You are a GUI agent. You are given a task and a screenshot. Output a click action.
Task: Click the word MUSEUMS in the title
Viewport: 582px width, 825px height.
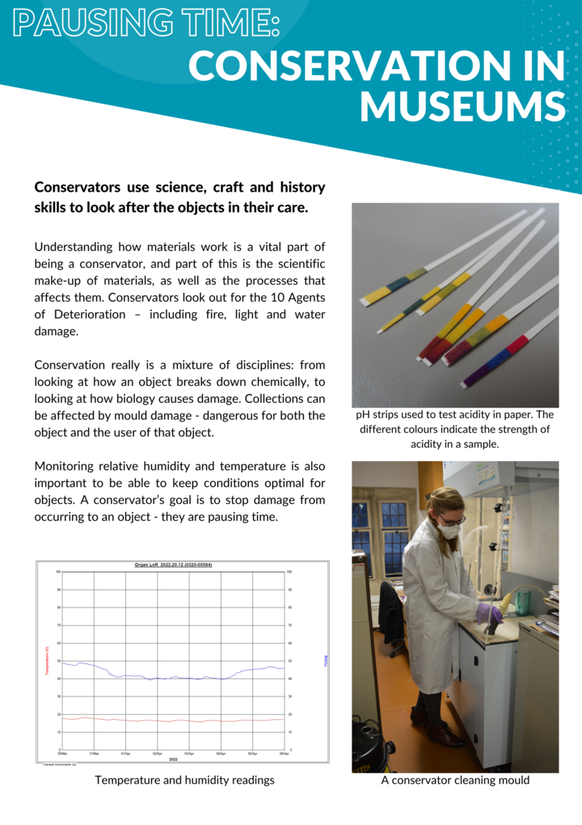point(462,107)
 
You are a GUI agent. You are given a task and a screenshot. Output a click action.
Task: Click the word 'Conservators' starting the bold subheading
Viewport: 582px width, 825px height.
point(78,188)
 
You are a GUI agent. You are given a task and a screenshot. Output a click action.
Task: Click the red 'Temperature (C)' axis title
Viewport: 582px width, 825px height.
point(48,660)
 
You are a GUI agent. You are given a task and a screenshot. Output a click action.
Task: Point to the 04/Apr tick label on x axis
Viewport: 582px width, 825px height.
point(221,754)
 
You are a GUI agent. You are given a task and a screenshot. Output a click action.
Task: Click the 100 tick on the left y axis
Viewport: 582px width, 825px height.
point(58,572)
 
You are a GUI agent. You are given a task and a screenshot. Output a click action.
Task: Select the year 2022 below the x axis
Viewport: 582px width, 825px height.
point(173,759)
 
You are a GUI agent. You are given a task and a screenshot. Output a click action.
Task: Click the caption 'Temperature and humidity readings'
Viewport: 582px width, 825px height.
point(184,781)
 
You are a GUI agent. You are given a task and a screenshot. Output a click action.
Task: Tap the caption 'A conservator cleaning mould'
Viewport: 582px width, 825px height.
point(455,781)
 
